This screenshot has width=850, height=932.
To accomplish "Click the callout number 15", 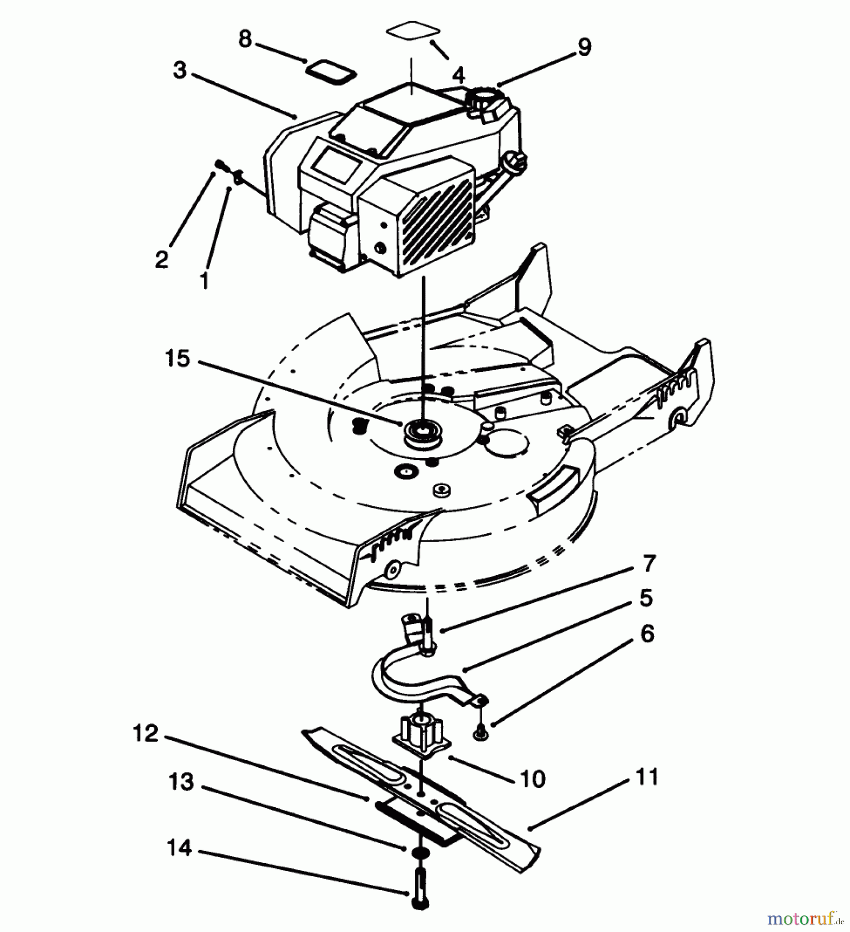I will (177, 358).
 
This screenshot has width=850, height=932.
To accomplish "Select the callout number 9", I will (584, 47).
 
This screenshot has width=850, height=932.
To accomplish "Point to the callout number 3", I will (180, 70).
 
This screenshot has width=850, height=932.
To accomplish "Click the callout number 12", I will (145, 733).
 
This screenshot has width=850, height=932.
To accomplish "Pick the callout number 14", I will (180, 848).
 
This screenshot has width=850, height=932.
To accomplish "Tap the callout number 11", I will (647, 777).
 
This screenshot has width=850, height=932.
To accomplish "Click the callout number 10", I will (533, 779).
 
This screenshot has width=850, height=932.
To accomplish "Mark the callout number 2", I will (162, 259).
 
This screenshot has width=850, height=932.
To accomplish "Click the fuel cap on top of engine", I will (486, 98).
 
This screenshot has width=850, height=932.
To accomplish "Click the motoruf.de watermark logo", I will (805, 919).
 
